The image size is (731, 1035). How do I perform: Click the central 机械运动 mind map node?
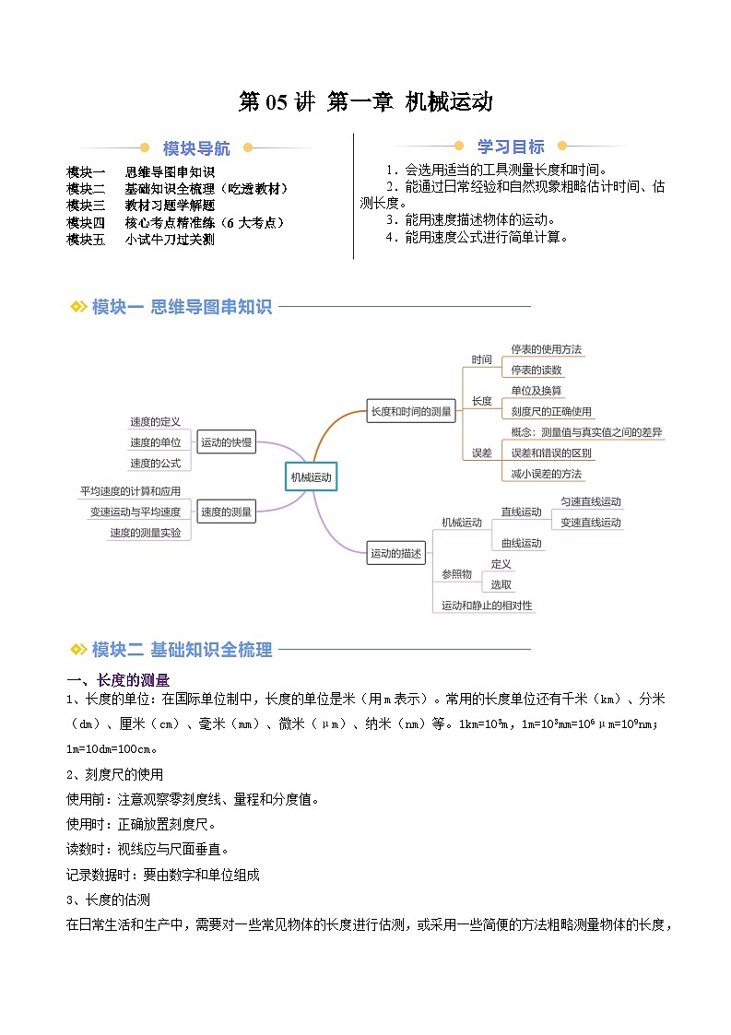tap(311, 477)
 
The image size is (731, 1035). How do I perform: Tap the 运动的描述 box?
tap(396, 554)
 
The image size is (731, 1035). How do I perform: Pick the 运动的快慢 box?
tap(227, 442)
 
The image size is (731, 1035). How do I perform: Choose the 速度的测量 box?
tap(227, 512)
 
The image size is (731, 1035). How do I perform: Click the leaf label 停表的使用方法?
tap(547, 349)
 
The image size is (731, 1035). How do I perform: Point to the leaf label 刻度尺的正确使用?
tap(551, 411)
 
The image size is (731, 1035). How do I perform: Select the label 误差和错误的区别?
tap(551, 453)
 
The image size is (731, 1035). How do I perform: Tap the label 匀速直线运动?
tap(591, 502)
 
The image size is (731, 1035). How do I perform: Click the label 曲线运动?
tap(522, 543)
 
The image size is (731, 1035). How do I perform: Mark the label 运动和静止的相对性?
tap(487, 606)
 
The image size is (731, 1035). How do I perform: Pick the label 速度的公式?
tap(155, 463)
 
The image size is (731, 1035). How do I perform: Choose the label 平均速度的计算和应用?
tap(130, 491)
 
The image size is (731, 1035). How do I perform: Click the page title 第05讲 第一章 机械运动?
tap(365, 101)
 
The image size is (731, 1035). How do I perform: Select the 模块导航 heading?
tap(196, 148)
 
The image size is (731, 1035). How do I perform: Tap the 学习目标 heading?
tap(510, 147)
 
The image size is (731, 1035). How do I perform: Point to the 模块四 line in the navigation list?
tap(175, 222)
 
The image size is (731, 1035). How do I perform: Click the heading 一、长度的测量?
tap(118, 680)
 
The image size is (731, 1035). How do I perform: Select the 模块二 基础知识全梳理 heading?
tap(182, 650)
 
